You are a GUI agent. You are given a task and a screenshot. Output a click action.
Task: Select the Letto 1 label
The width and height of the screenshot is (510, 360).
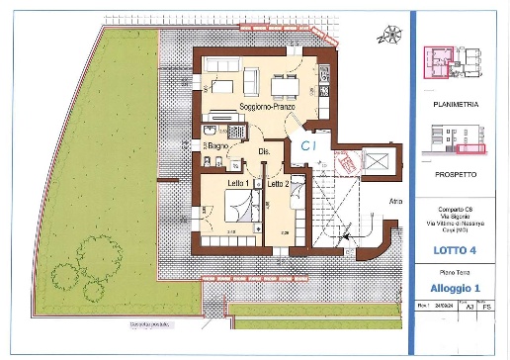(237, 184)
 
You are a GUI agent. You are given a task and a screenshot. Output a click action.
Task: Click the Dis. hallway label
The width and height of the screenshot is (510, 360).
(264, 150)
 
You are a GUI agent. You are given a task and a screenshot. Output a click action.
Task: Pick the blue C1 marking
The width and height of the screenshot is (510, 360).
(308, 145)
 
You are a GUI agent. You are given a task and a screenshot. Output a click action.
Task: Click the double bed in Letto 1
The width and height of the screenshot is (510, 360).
(240, 207)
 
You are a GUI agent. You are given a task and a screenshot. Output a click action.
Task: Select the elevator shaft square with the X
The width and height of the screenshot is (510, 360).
(378, 161)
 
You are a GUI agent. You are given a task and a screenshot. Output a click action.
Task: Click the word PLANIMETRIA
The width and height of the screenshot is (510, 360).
(456, 101)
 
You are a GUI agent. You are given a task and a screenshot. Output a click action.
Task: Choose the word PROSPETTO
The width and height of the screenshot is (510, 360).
(456, 173)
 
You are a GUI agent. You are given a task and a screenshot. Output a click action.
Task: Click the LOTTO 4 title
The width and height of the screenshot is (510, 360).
(456, 250)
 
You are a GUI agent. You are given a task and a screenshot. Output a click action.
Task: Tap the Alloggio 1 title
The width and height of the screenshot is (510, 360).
(456, 288)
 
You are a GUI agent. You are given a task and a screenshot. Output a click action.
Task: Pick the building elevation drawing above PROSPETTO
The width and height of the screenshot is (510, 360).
(456, 139)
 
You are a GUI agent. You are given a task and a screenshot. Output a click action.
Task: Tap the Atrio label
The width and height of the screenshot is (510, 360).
(395, 201)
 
